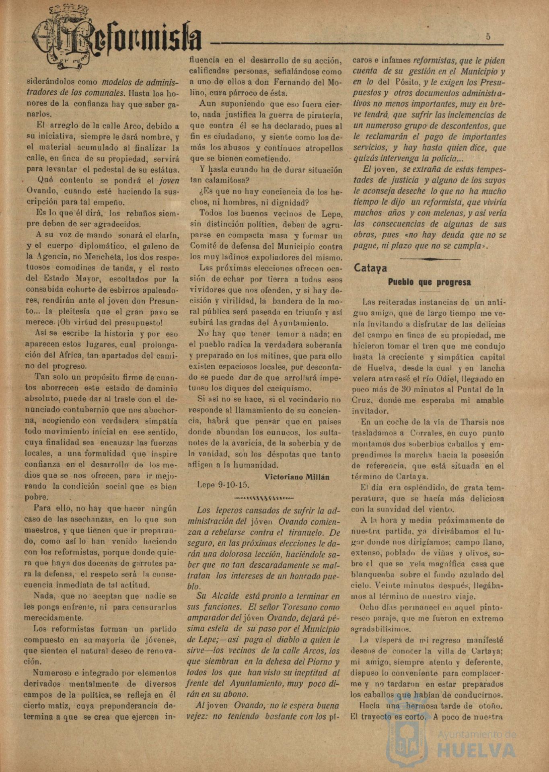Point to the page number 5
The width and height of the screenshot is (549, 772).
[x=488, y=37]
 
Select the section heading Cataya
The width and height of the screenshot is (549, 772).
[x=370, y=268]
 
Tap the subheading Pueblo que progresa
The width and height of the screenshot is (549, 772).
[x=429, y=282]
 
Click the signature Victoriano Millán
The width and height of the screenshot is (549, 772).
[x=297, y=476]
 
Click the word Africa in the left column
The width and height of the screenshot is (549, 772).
[x=94, y=355]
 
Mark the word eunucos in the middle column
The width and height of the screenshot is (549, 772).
[x=283, y=433]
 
